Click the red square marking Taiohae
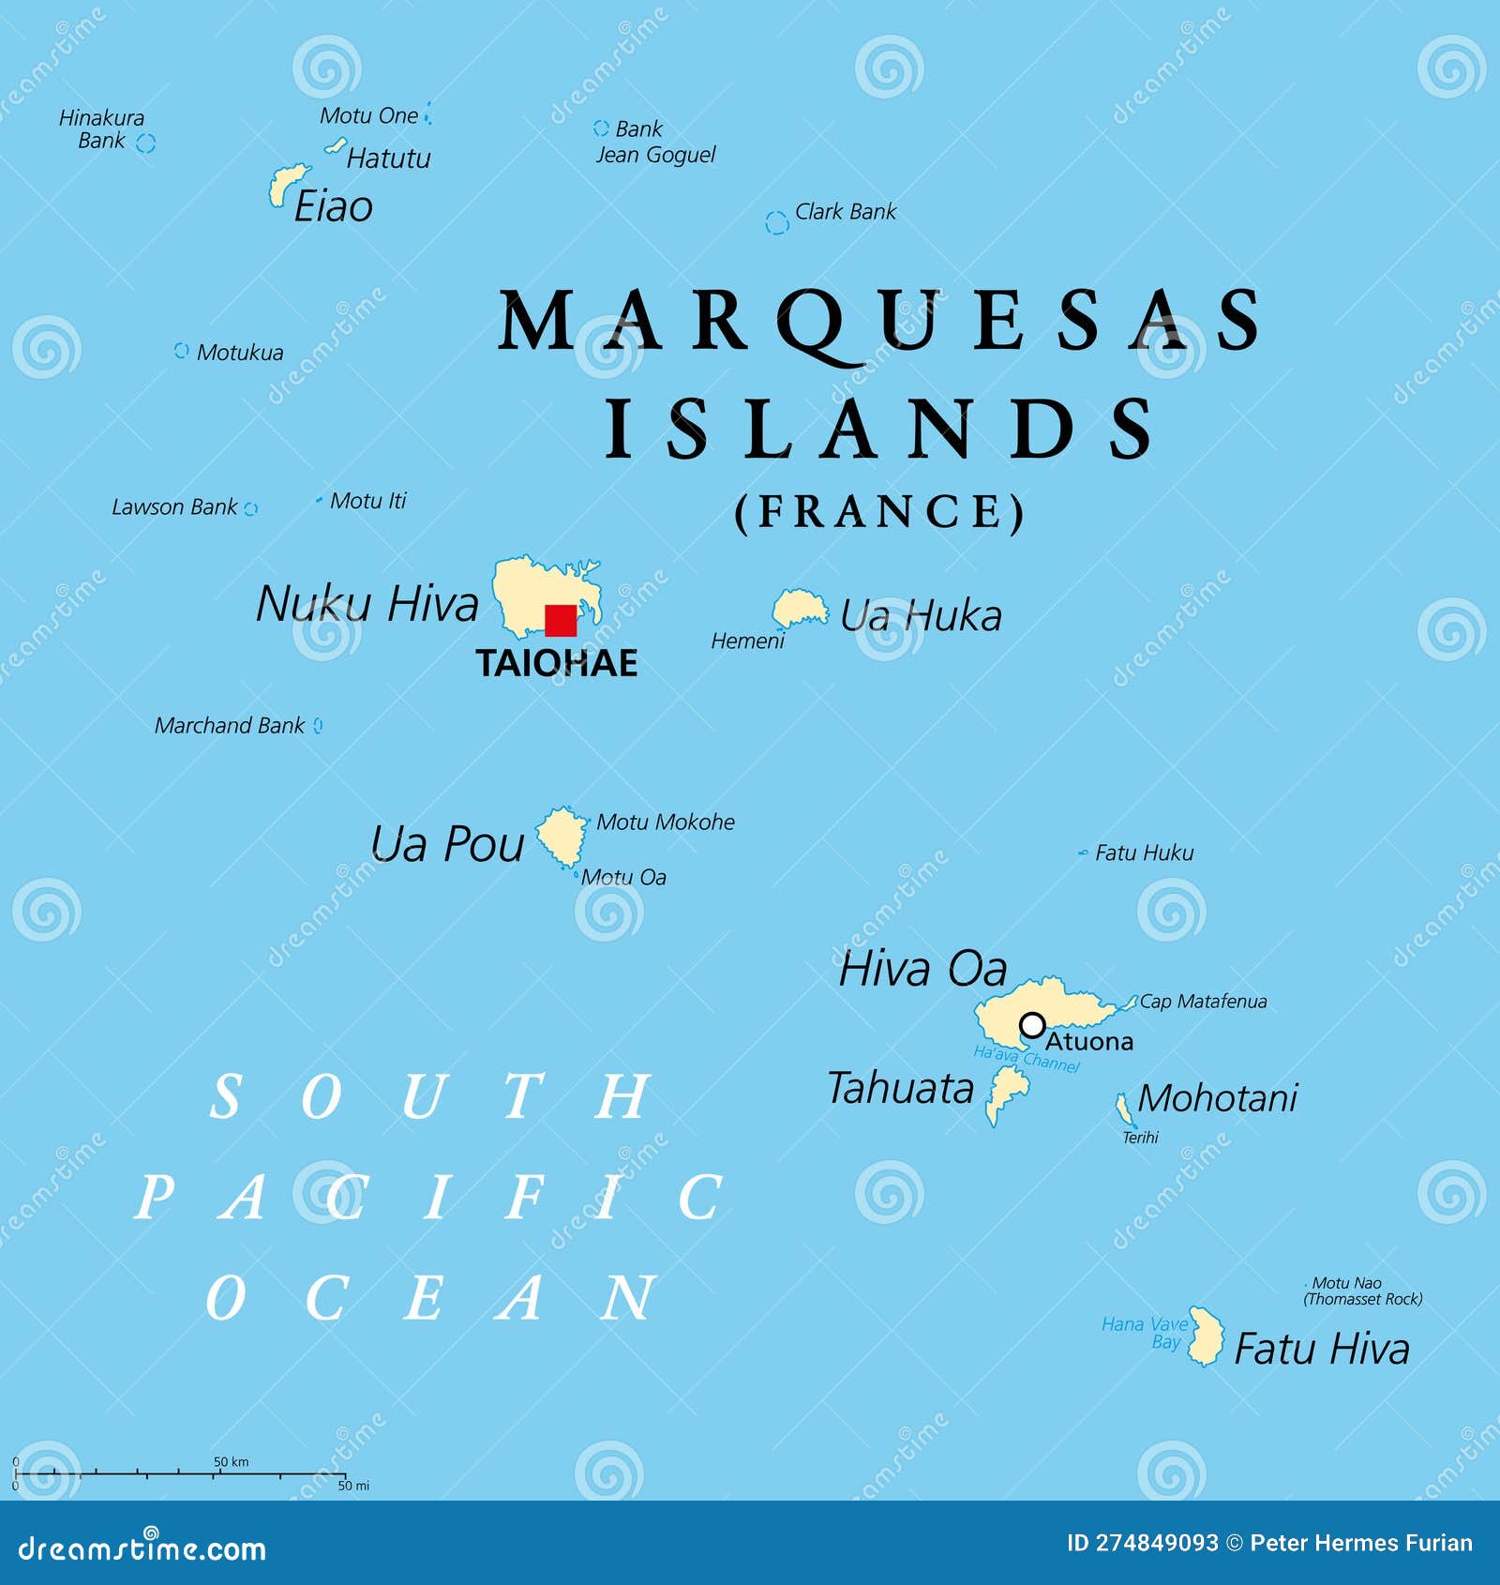point(561,621)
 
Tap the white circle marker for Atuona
point(1032,1025)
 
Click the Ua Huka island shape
point(799,610)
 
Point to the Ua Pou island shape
point(562,835)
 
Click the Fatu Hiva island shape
point(1206,1336)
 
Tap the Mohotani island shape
point(1123,1109)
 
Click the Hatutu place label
point(388,158)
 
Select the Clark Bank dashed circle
point(776,223)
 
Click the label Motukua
point(239,353)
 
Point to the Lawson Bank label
point(174,507)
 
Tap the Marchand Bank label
point(230,726)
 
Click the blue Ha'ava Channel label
point(1026,1059)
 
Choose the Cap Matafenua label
point(1203,1002)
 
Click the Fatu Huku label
point(1144,853)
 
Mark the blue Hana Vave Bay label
point(1145,1333)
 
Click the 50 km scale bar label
point(231,1461)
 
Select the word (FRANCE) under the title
point(879,512)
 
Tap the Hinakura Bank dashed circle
point(145,143)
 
